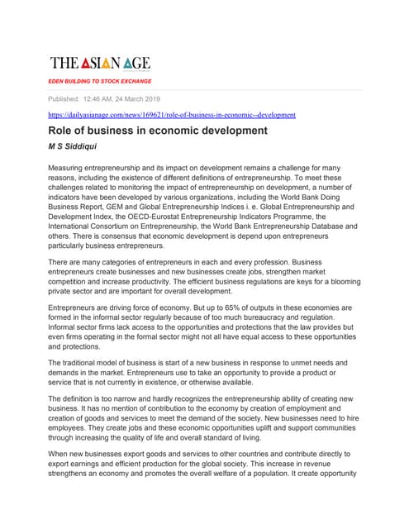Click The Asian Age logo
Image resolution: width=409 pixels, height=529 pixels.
pos(100,63)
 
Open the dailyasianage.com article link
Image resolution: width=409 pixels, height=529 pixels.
pos(172,115)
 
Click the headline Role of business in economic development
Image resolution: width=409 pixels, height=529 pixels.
pos(158,131)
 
